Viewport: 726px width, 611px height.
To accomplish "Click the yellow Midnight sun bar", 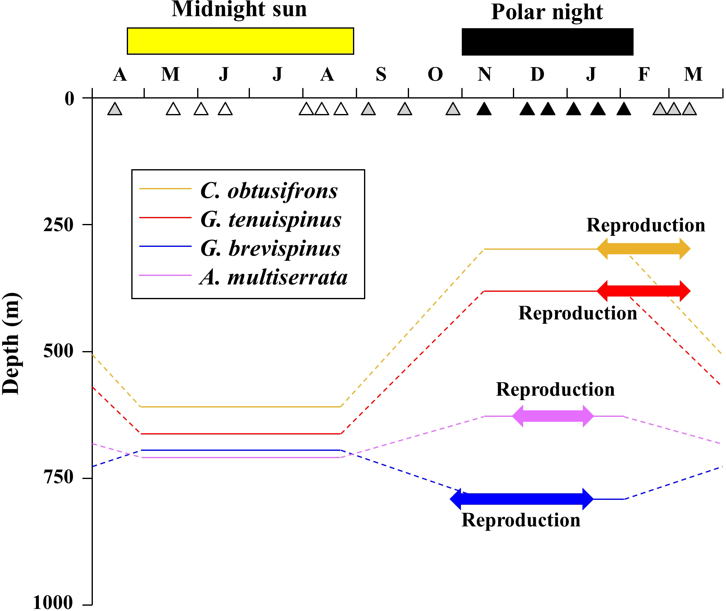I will tap(240, 41).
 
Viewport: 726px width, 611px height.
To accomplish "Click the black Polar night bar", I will tap(547, 42).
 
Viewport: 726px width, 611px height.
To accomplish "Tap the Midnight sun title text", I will tap(239, 9).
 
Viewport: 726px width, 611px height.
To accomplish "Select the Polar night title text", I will tap(547, 12).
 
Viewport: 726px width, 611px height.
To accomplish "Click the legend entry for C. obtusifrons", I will tap(269, 190).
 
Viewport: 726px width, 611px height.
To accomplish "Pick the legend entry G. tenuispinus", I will tap(270, 219).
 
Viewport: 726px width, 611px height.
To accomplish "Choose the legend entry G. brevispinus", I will tap(270, 248).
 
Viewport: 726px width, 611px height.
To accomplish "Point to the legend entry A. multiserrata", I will tap(273, 278).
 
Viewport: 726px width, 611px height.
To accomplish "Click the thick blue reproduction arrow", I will tap(521, 499).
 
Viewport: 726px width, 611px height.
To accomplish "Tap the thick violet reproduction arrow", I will tap(553, 416).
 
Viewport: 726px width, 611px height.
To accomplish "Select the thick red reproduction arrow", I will tap(643, 291).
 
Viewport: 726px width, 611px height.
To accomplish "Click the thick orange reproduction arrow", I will tap(643, 248).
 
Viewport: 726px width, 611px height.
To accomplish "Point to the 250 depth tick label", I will tap(58, 224).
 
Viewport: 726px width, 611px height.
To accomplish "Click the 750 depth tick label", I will tap(58, 477).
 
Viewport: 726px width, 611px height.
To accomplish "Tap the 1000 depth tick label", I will tap(53, 602).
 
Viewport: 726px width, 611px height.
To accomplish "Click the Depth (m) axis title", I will tap(11, 343).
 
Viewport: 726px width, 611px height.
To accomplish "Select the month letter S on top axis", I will tap(381, 74).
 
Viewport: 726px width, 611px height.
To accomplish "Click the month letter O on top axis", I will tap(435, 74).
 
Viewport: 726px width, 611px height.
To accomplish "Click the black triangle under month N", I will tap(484, 109).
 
